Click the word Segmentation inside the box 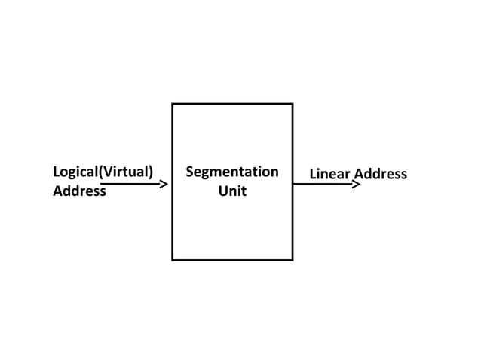click(231, 172)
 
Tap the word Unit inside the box click(232, 191)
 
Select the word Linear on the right click(330, 175)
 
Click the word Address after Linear click(381, 175)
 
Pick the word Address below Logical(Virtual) click(79, 191)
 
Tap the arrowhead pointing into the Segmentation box click(164, 183)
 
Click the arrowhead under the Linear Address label click(357, 183)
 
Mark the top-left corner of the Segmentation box click(173, 104)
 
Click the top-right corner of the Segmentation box click(292, 104)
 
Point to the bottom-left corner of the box click(173, 259)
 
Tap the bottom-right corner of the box click(292, 259)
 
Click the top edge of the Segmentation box click(232, 104)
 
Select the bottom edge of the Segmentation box click(232, 259)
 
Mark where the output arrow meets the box click(293, 183)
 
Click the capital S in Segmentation click(189, 172)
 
